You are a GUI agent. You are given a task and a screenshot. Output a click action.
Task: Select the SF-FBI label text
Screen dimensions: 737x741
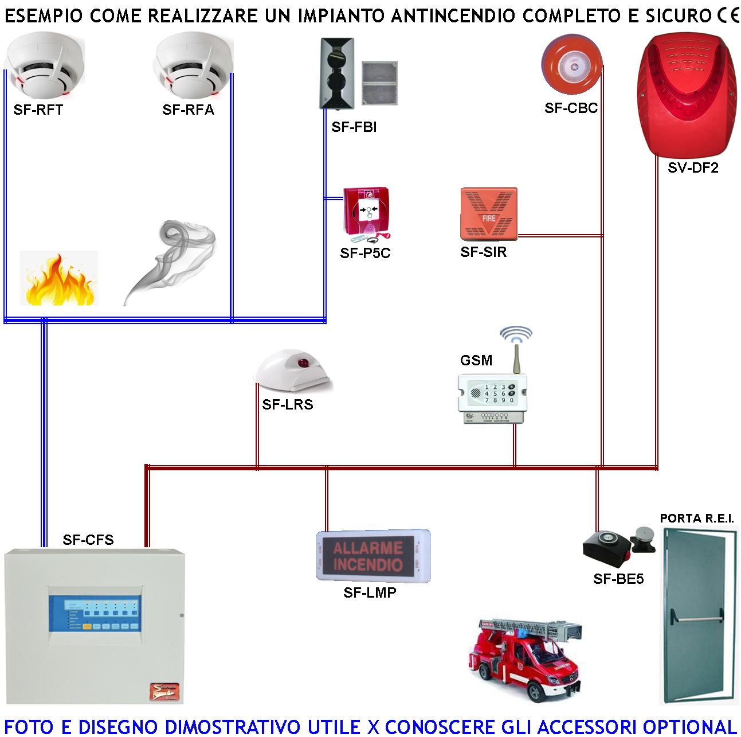point(354,127)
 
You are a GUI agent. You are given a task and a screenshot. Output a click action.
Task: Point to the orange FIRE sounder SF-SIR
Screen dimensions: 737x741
point(488,215)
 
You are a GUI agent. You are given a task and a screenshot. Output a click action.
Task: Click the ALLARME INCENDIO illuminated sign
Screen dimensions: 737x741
point(369,555)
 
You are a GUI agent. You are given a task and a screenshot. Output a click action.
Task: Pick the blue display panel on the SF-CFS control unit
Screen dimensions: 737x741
point(95,614)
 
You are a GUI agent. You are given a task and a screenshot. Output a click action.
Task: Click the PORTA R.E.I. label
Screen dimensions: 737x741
point(696,518)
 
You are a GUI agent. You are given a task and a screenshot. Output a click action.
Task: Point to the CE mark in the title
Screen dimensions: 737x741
point(727,15)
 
